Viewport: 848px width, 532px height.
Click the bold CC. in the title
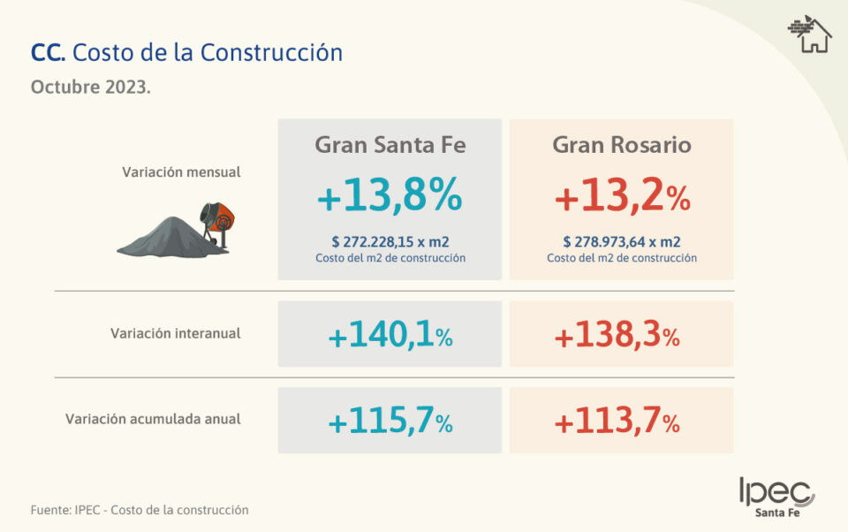pos(47,53)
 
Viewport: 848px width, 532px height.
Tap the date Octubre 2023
pos(90,88)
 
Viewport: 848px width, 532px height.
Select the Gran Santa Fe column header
pos(390,145)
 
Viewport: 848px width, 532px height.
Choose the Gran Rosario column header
pos(622,145)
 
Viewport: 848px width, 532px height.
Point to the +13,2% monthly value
pos(622,199)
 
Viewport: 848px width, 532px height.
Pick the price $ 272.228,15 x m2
pos(390,242)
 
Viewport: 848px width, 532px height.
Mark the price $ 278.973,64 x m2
pos(622,242)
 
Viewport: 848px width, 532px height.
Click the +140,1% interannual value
pos(390,336)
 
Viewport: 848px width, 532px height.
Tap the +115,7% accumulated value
pos(390,422)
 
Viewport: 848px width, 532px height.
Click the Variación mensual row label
pos(181,172)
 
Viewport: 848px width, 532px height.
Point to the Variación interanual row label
pos(176,334)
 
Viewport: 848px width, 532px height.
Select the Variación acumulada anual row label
pos(153,419)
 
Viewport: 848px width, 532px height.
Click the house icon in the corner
pos(810,35)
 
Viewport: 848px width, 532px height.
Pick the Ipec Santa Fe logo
pos(777,498)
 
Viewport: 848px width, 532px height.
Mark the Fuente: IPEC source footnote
pos(140,510)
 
